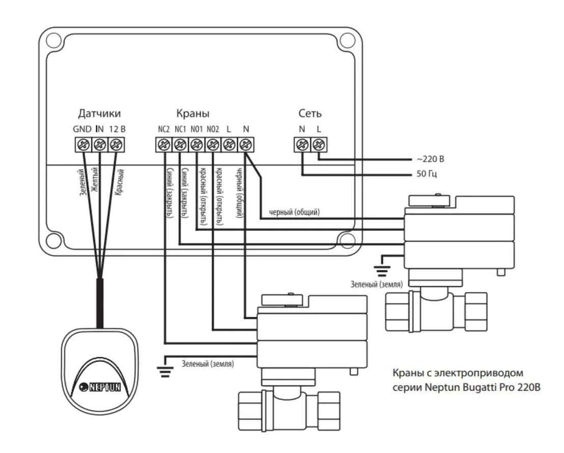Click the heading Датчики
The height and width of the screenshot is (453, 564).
(100, 113)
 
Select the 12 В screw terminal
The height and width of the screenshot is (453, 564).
(117, 145)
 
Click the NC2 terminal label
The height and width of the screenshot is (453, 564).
(163, 129)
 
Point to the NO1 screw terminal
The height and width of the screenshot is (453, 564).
(196, 145)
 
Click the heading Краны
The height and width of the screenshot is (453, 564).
(192, 113)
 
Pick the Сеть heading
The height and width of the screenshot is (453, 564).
(310, 113)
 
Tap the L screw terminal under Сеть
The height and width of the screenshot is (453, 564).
(319, 145)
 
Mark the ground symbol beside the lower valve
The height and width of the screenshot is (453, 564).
(163, 372)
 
